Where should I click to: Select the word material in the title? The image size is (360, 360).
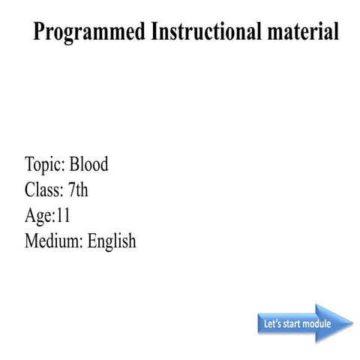(301, 32)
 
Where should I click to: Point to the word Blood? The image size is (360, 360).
(88, 164)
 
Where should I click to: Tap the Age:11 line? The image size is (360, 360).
(47, 215)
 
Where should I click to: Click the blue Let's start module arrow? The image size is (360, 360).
(304, 324)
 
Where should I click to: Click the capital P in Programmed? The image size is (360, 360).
(40, 32)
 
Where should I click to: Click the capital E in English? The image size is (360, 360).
(92, 241)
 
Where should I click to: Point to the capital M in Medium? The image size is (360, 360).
(31, 241)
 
